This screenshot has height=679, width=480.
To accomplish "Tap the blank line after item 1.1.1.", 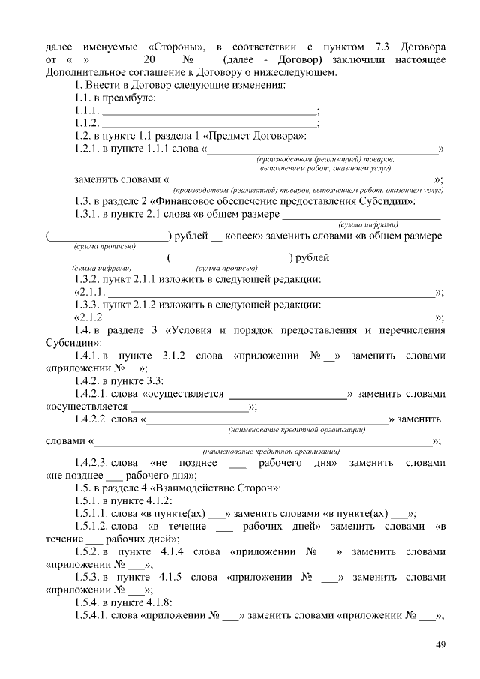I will click(x=209, y=110).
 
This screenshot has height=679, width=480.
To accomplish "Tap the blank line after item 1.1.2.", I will click(x=209, y=123).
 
